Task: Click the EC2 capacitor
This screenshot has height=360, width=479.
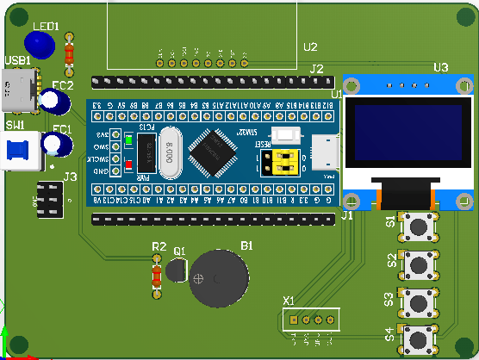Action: point(56,101)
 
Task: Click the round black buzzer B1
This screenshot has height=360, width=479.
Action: point(217,277)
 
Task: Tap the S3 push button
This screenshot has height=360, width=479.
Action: point(420,302)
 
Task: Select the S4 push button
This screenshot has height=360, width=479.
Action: point(420,340)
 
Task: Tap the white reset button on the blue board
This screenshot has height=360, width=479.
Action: point(285,134)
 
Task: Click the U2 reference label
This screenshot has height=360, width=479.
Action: point(310,47)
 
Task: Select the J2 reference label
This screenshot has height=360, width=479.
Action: point(316,69)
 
